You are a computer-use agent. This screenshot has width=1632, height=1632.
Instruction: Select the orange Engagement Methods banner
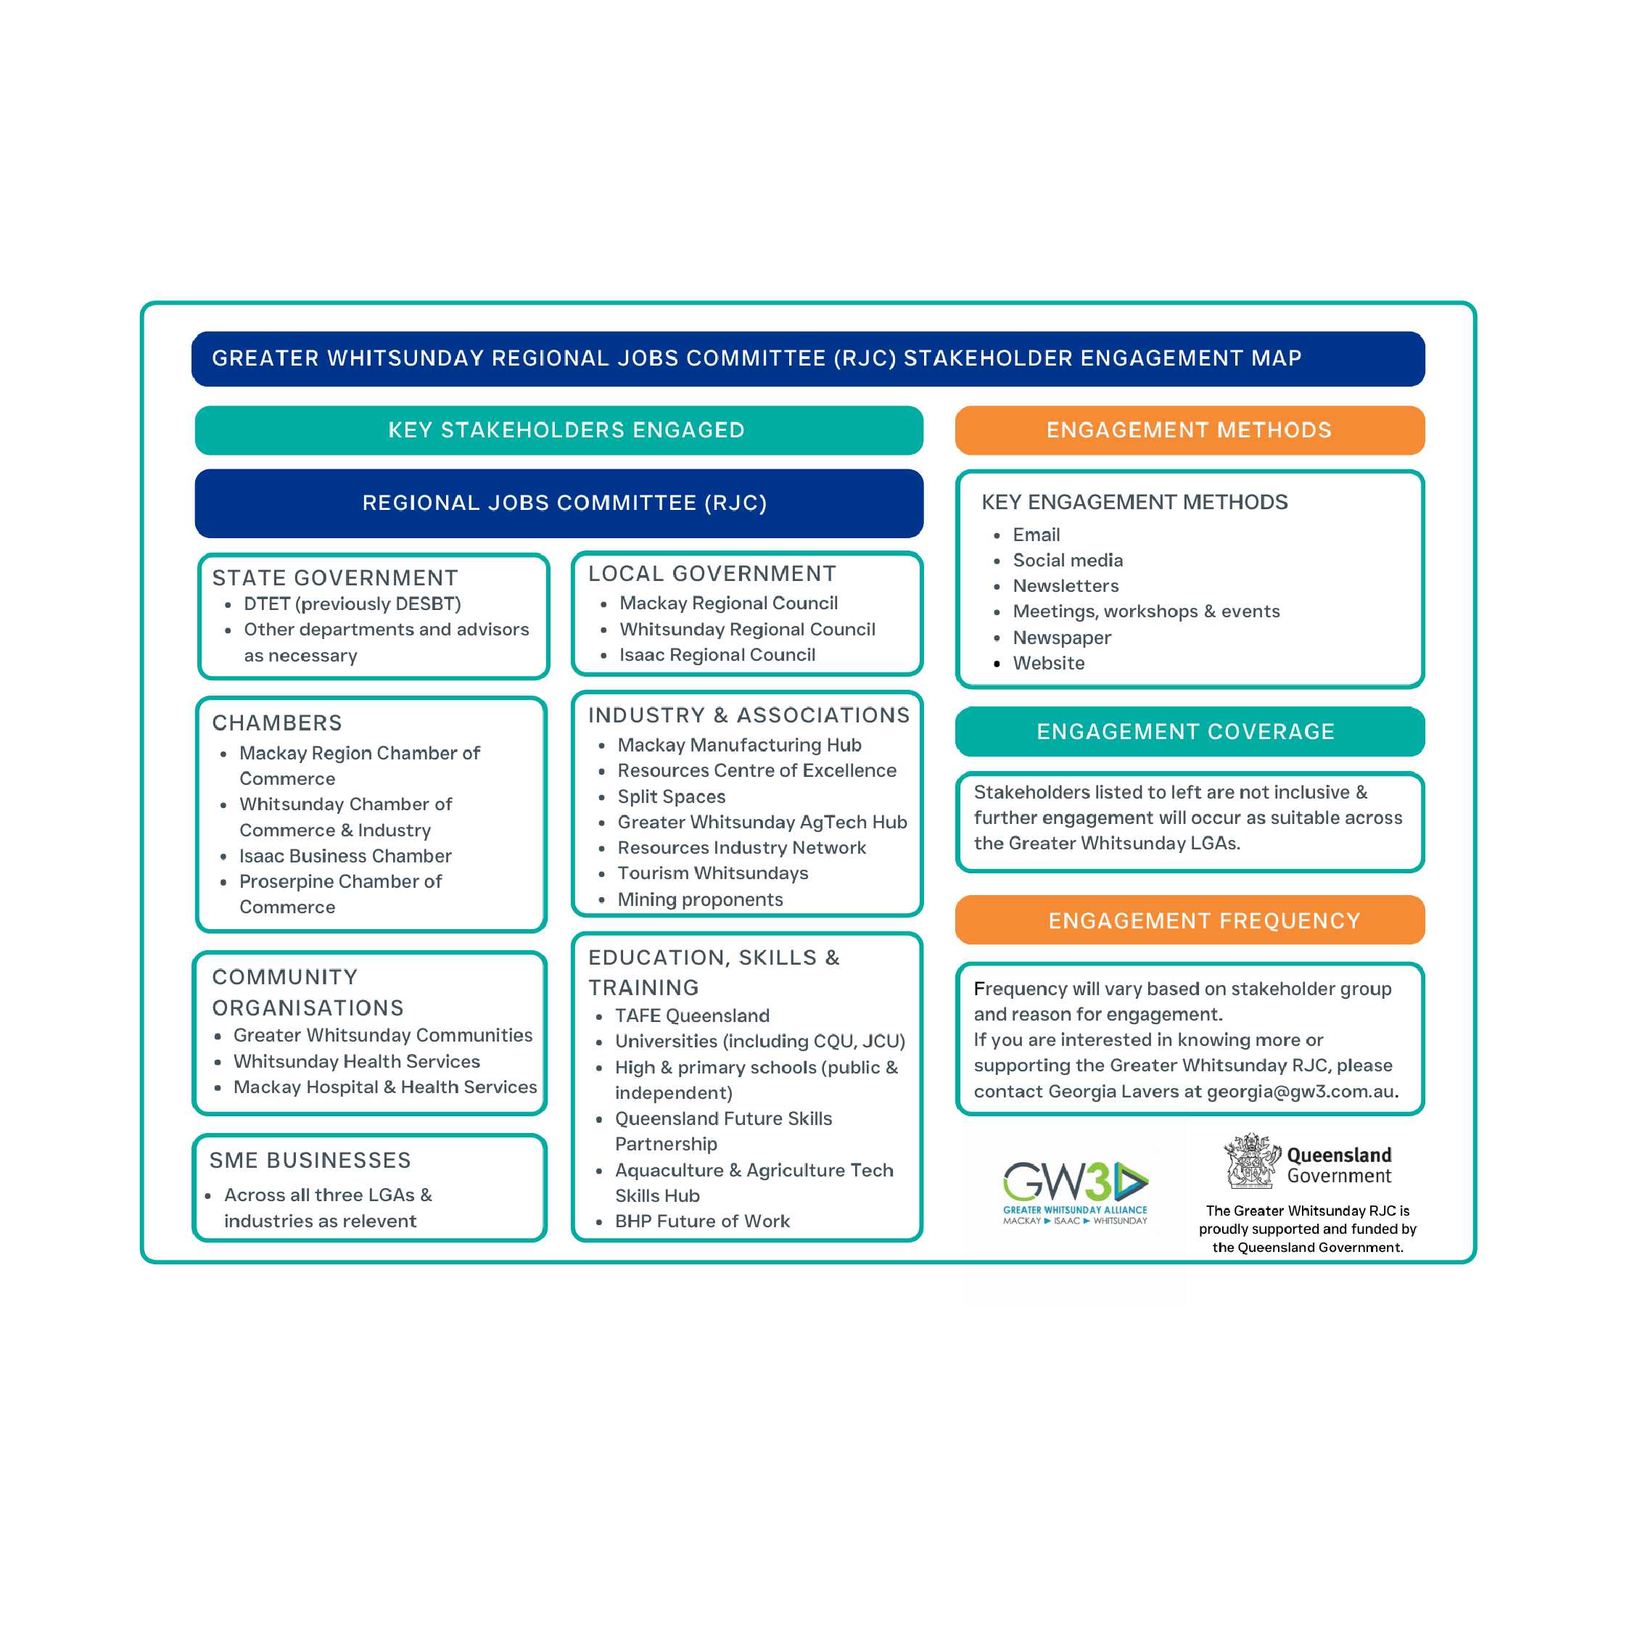(x=1190, y=430)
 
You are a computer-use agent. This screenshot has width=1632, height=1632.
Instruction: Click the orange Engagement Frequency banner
(x=1190, y=920)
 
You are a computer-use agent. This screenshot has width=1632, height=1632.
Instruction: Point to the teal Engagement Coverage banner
(x=1190, y=732)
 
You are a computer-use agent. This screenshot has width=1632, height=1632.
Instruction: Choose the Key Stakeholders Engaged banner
(x=559, y=430)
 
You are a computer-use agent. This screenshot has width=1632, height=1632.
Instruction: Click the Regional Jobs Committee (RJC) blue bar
(x=559, y=503)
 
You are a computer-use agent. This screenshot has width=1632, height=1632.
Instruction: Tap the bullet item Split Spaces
(x=671, y=796)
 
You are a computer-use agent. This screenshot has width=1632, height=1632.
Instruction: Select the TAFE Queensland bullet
(x=692, y=1015)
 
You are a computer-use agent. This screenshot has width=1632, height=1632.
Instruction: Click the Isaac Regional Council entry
(x=717, y=655)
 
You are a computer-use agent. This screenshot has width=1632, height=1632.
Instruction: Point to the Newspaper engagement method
(x=1062, y=638)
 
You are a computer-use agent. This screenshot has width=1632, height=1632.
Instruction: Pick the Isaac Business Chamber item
(x=345, y=856)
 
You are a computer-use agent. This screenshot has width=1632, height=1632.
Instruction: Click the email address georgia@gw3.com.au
(x=1300, y=1092)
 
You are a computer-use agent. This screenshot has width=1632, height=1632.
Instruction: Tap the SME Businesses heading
(x=310, y=1161)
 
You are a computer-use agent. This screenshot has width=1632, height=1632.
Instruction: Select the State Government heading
(x=334, y=578)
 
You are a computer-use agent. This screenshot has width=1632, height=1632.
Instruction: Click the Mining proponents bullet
(x=699, y=899)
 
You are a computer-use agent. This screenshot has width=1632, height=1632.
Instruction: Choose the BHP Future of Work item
(x=702, y=1221)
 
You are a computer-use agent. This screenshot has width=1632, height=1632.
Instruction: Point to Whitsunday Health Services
(x=356, y=1061)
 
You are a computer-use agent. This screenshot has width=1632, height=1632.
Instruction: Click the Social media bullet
(x=1068, y=560)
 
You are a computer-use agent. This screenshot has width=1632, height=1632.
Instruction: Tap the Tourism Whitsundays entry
(x=712, y=873)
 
